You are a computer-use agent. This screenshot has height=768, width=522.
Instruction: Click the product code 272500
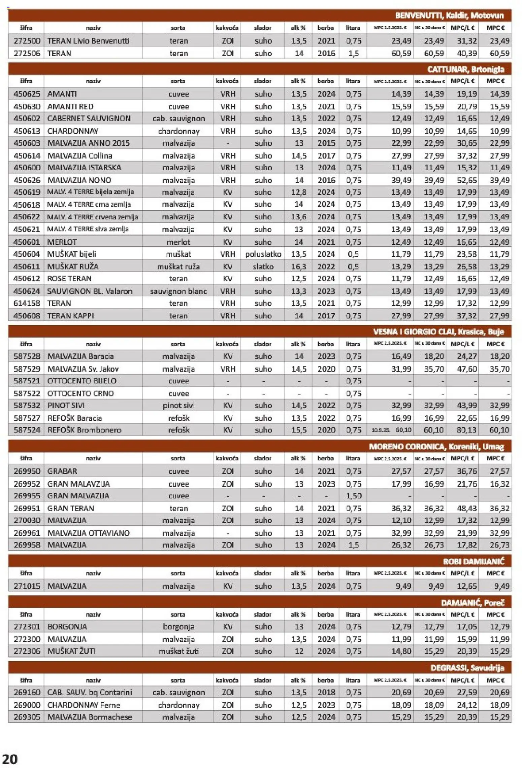pyautogui.click(x=27, y=41)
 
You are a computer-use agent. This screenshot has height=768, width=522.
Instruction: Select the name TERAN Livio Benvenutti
pyautogui.click(x=88, y=41)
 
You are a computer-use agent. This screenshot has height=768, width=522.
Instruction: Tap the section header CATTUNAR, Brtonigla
pyautogui.click(x=465, y=69)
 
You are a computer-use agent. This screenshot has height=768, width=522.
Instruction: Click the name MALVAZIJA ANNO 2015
pyautogui.click(x=89, y=143)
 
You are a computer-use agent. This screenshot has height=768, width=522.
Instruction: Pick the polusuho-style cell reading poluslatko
pyautogui.click(x=263, y=254)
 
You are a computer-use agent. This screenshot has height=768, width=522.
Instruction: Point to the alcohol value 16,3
pyautogui.click(x=299, y=267)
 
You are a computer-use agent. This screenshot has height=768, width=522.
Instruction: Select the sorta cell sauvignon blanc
pyautogui.click(x=178, y=291)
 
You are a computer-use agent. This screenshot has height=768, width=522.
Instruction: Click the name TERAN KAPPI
pyautogui.click(x=71, y=316)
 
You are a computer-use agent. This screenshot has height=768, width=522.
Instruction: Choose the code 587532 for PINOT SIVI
pyautogui.click(x=27, y=405)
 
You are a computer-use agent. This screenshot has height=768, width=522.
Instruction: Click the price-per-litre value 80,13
pyautogui.click(x=467, y=430)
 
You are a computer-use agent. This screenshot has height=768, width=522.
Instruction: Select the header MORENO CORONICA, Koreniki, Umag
pyautogui.click(x=436, y=446)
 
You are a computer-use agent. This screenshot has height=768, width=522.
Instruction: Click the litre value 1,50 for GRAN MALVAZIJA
pyautogui.click(x=353, y=496)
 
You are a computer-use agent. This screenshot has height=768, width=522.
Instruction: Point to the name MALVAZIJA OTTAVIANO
pyautogui.click(x=89, y=533)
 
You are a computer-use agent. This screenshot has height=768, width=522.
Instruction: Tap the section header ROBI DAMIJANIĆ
pyautogui.click(x=473, y=561)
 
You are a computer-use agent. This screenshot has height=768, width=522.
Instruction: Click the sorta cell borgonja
pyautogui.click(x=178, y=627)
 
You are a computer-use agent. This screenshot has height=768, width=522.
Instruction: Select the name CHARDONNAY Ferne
pyautogui.click(x=84, y=705)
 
